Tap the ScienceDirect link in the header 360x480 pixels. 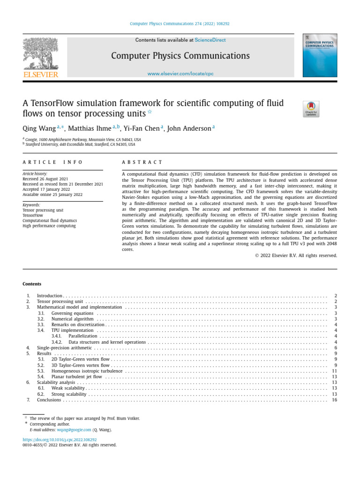pos(210,40)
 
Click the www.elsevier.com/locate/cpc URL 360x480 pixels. pos(180,74)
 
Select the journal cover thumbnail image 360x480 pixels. pos(320,55)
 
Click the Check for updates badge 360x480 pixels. pos(311,109)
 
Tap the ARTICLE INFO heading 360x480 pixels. pos(52,162)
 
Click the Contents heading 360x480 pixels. pos(32,284)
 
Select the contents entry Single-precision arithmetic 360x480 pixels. pos(65,348)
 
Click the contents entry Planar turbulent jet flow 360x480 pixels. pos(76,376)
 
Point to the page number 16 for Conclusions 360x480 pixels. pos(334,400)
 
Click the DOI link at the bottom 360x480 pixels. pos(60,440)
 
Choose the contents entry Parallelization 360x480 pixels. pos(83,336)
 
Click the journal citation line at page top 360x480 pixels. pos(180,23)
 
